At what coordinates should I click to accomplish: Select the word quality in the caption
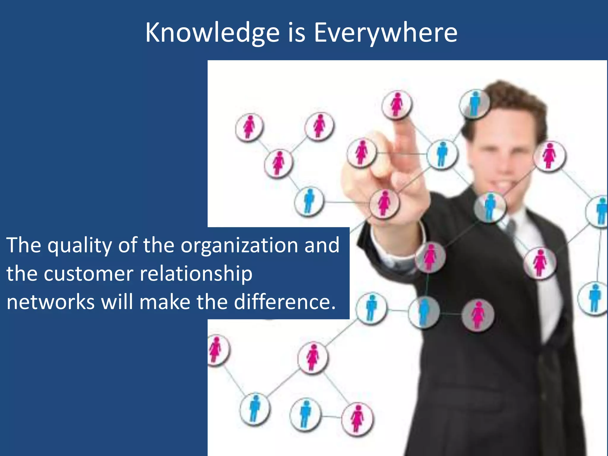coord(80,246)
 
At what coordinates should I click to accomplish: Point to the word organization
coord(239,246)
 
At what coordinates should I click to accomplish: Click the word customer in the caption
coord(88,273)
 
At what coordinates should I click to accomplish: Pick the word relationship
coord(196,274)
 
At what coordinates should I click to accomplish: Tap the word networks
coord(50,302)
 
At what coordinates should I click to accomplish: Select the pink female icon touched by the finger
coord(397,104)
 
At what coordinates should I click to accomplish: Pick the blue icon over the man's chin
coord(490,206)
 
